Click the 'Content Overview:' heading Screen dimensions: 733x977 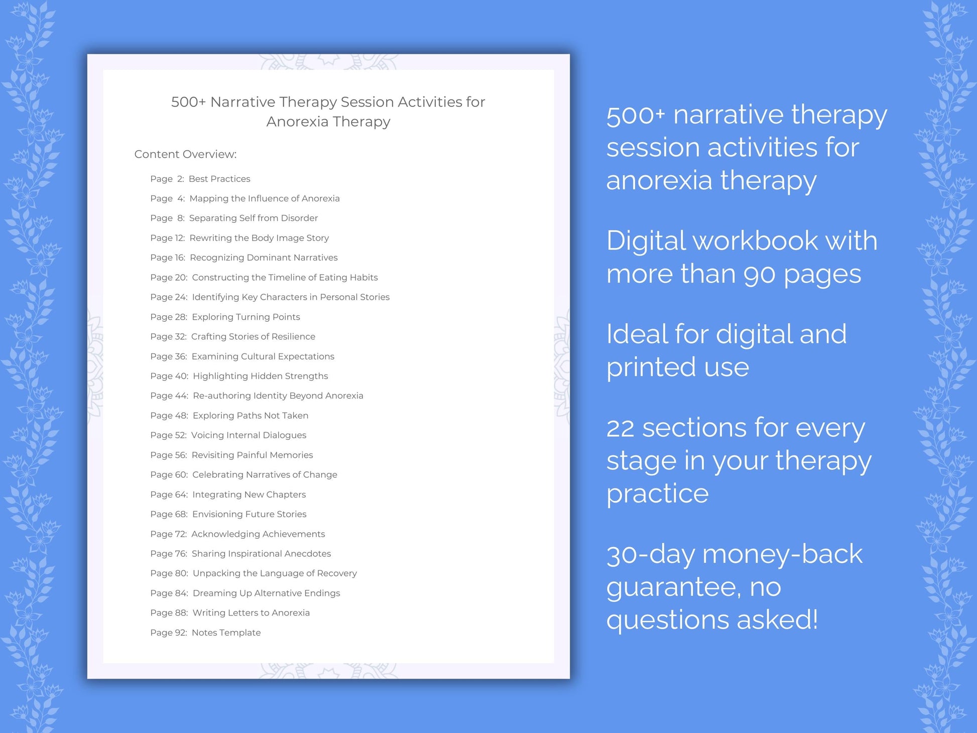185,154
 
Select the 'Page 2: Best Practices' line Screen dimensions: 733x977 200,179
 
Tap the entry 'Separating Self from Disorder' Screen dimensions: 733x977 253,218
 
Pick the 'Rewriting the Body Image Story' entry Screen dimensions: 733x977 259,238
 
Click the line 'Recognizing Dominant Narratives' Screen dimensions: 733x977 264,258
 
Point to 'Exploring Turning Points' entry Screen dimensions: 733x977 246,317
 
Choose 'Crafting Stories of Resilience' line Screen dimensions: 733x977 253,336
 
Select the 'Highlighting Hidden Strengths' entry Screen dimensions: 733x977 260,376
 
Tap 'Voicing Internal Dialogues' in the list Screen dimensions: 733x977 249,435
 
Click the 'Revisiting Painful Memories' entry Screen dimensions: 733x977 252,455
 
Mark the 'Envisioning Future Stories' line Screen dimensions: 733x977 249,514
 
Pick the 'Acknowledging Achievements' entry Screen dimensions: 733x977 258,534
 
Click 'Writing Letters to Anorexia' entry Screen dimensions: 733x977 251,613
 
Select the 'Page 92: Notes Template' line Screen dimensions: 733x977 205,633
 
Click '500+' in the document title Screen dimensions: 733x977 188,102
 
